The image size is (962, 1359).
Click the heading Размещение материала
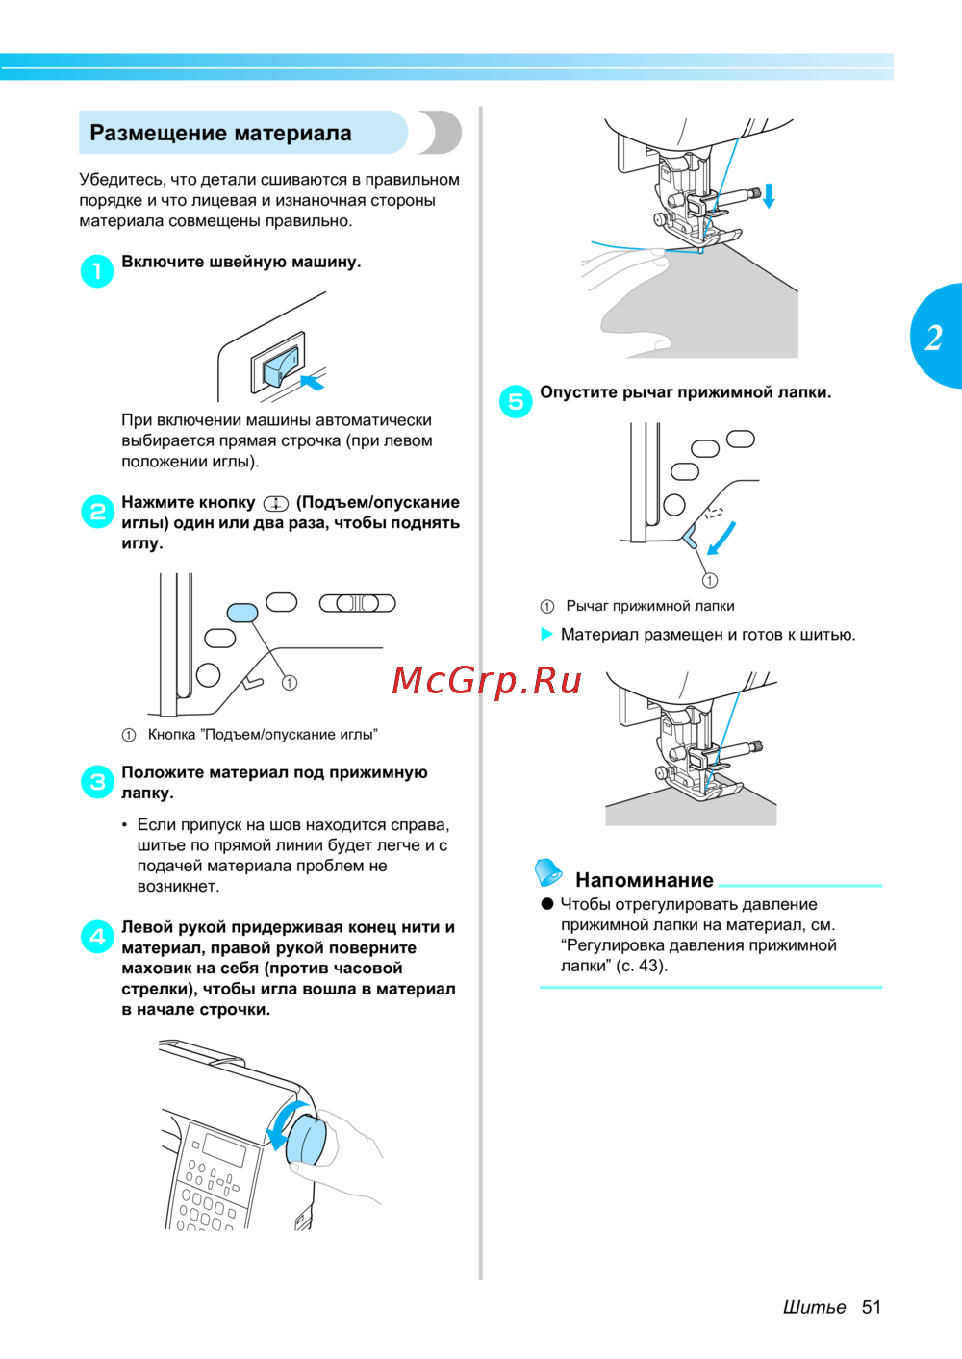(220, 133)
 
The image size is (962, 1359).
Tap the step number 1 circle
(97, 270)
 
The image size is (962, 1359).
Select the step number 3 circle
(97, 781)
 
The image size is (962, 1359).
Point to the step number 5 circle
(516, 401)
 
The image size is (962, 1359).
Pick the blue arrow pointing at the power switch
(314, 382)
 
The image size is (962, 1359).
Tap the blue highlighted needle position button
(242, 612)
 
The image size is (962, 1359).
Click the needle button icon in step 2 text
(275, 504)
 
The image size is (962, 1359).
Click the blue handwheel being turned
(307, 1140)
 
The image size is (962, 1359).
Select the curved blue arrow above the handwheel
(280, 1120)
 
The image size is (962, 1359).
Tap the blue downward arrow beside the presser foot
(769, 196)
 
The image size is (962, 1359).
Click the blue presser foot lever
(690, 537)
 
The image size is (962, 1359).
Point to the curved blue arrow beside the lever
(722, 539)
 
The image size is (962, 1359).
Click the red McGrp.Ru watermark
(487, 681)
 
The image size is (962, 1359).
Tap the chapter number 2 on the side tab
(934, 339)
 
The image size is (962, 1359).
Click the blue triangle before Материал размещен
(546, 634)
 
